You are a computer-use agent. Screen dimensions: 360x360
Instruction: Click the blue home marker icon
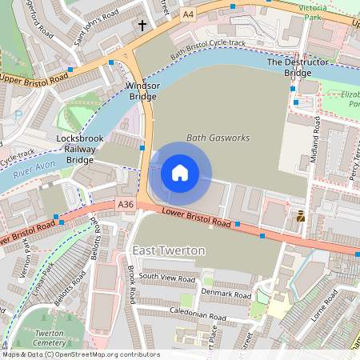(x=180, y=173)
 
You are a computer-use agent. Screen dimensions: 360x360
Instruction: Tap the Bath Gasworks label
(x=218, y=138)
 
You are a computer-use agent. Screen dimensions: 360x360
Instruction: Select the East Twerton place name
(x=169, y=250)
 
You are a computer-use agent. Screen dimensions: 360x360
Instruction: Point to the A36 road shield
(x=126, y=205)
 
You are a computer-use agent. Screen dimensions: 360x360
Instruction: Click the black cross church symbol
(x=143, y=26)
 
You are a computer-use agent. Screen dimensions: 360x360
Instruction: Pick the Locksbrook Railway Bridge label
(x=79, y=149)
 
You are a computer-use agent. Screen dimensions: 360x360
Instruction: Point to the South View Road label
(x=166, y=277)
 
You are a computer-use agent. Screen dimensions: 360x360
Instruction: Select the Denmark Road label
(x=227, y=294)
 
